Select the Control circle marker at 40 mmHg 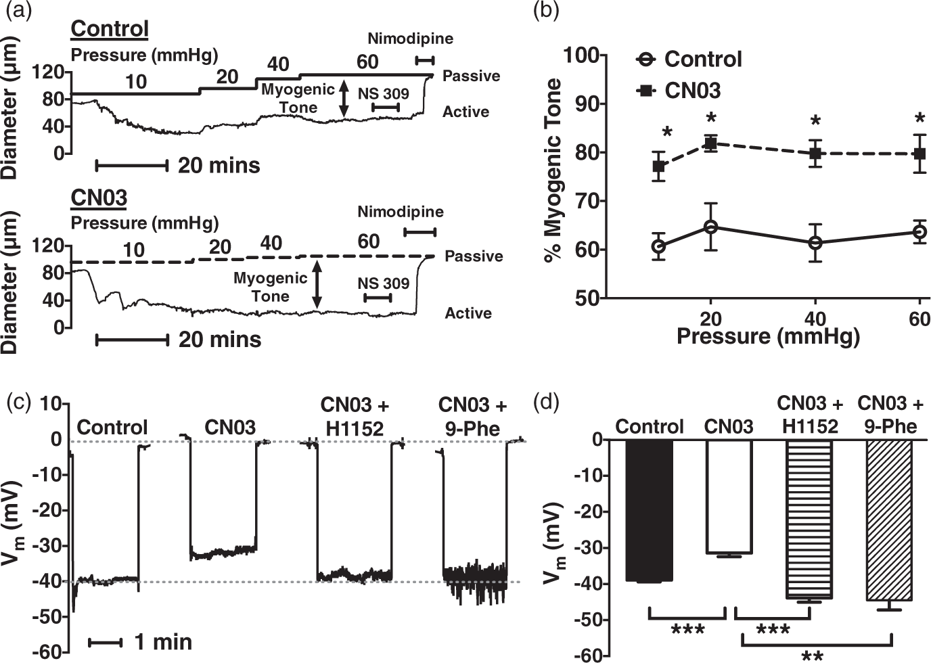(x=816, y=243)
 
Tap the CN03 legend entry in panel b (x=679, y=91)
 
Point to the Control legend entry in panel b (x=689, y=59)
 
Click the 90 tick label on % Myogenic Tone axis (x=587, y=104)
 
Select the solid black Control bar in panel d (x=650, y=511)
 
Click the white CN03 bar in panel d (x=729, y=497)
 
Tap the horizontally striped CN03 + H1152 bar (x=809, y=519)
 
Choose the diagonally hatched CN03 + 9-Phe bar (x=889, y=520)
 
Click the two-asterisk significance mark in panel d (x=812, y=656)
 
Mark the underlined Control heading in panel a (x=110, y=29)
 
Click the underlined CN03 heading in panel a (x=99, y=198)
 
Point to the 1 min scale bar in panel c (x=105, y=643)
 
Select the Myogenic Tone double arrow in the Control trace (x=344, y=99)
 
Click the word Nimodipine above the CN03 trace (x=401, y=212)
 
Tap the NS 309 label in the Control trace (x=384, y=93)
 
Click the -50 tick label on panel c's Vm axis (x=47, y=617)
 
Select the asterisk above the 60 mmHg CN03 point (x=920, y=119)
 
